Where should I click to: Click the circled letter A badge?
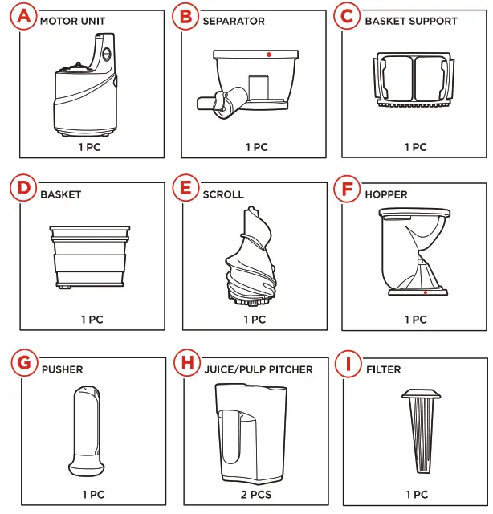(26, 17)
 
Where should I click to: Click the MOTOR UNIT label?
(72, 21)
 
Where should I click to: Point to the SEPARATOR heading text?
(234, 21)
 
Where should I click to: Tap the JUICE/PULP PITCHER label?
(258, 369)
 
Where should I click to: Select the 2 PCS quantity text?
(255, 494)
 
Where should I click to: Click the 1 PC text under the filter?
(416, 494)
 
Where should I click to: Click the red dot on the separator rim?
(269, 54)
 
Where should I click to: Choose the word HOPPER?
(385, 194)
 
